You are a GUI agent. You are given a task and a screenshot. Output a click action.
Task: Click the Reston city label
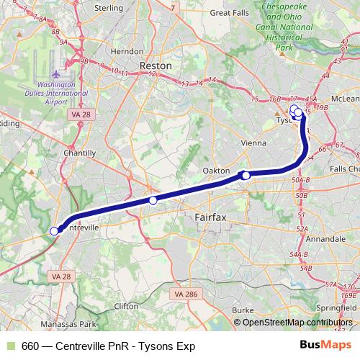click(x=156, y=65)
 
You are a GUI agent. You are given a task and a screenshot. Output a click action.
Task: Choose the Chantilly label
click(x=79, y=153)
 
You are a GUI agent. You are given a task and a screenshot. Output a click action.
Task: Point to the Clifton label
click(x=125, y=306)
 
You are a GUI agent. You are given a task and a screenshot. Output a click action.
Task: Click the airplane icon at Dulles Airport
click(x=58, y=74)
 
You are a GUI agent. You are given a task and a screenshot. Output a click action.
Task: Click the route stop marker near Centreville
click(x=54, y=231)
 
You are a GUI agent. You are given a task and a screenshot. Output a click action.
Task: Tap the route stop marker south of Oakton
click(x=246, y=175)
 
